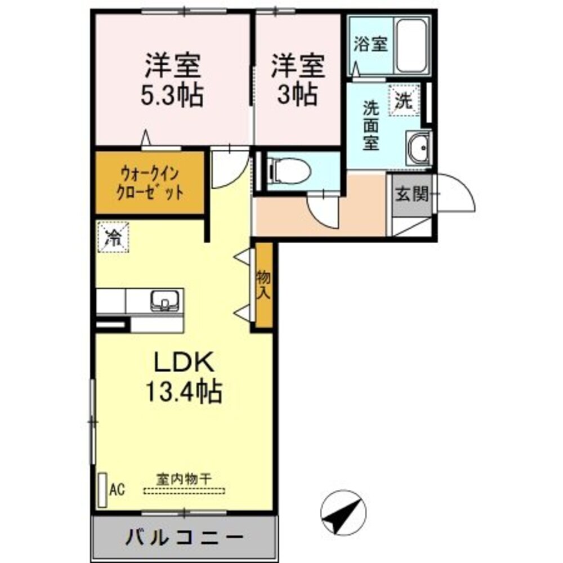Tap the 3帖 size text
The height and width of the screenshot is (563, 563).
[x=297, y=94]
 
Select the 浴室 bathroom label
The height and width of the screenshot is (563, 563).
[x=371, y=44]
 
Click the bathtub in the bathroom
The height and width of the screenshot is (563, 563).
[x=413, y=45]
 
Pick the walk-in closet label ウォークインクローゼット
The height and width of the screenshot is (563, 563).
[x=149, y=182]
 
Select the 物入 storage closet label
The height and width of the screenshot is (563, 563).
[x=263, y=285]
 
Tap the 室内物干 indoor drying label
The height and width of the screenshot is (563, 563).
[x=184, y=480]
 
